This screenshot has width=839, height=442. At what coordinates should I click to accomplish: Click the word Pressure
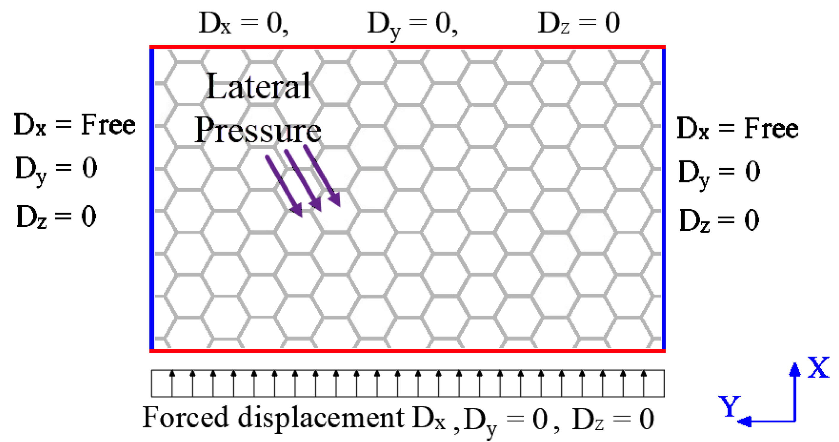[258, 131]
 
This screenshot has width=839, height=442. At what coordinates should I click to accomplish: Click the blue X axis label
[818, 367]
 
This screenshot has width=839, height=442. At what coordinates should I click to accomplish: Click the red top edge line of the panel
[407, 47]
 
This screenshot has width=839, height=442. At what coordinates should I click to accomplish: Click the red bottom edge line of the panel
[407, 351]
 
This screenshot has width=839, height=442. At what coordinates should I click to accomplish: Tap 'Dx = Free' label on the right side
[737, 128]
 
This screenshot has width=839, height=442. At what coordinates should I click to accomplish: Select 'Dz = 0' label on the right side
[719, 220]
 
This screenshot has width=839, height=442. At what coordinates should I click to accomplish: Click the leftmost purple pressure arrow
[283, 185]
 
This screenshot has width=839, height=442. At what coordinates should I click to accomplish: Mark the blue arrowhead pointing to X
[795, 370]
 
